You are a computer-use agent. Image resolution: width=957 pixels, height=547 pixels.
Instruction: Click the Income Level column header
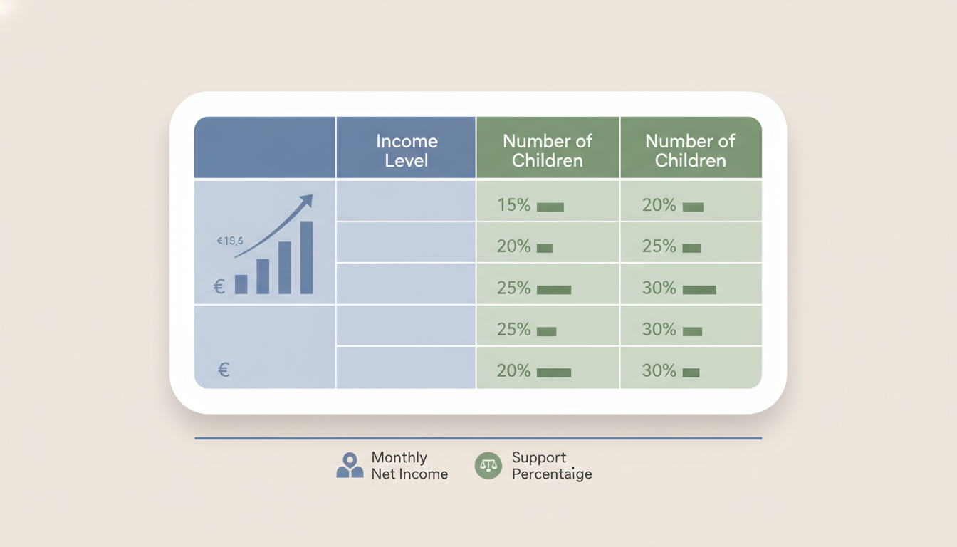pyautogui.click(x=406, y=150)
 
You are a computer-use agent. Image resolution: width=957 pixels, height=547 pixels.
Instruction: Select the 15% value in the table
pyautogui.click(x=513, y=205)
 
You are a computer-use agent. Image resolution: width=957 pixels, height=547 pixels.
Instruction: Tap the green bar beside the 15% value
pyautogui.click(x=550, y=207)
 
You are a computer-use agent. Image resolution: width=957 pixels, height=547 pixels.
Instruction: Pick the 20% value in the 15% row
pyautogui.click(x=659, y=205)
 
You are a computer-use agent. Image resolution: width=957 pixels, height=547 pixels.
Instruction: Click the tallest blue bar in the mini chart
pyautogui.click(x=307, y=257)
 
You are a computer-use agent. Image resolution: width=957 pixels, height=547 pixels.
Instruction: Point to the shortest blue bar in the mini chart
pyautogui.click(x=241, y=284)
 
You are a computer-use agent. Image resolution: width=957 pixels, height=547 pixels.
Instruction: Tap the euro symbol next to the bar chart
pyautogui.click(x=219, y=286)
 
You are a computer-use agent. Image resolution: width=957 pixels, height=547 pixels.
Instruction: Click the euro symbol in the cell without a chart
pyautogui.click(x=224, y=370)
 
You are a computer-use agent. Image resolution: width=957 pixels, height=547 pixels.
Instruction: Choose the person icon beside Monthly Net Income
pyautogui.click(x=350, y=465)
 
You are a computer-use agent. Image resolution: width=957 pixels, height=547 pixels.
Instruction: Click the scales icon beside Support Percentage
pyautogui.click(x=488, y=465)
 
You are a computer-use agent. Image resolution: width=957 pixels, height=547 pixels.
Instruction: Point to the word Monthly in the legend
pyautogui.click(x=399, y=457)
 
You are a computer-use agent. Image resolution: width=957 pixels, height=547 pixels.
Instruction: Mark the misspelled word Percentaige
pyautogui.click(x=552, y=474)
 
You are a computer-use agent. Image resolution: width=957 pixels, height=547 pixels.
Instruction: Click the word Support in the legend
pyautogui.click(x=539, y=457)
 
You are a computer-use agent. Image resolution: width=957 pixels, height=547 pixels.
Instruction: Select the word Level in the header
pyautogui.click(x=406, y=160)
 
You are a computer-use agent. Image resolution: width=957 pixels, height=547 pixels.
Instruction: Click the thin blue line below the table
pyautogui.click(x=478, y=438)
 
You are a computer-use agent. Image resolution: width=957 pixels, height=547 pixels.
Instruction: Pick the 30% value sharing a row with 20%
pyautogui.click(x=659, y=370)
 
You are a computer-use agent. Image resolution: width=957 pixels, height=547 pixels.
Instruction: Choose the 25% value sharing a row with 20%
pyautogui.click(x=659, y=246)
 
